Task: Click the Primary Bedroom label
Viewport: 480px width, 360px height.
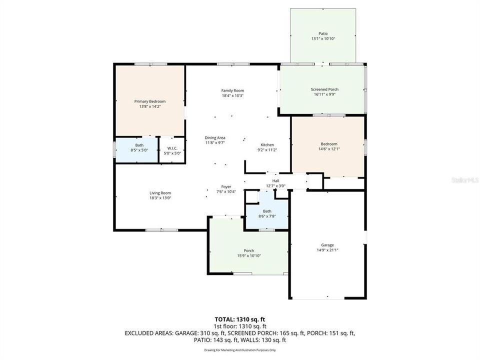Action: point(149,101)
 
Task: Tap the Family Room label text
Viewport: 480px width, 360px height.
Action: point(232,90)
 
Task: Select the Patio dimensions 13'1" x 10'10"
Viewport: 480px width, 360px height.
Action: point(322,39)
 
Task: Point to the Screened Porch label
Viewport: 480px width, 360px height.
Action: point(324,89)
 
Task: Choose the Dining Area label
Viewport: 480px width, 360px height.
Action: point(214,137)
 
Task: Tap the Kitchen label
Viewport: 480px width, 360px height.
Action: point(267,144)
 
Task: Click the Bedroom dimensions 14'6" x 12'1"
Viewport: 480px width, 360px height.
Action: point(328,149)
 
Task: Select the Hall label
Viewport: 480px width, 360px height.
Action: point(275,181)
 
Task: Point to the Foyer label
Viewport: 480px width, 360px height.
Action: point(226,186)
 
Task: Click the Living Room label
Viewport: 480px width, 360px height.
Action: point(160,193)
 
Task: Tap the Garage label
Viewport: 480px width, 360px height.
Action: point(327,245)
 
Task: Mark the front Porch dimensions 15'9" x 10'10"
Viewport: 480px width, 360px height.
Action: point(248,255)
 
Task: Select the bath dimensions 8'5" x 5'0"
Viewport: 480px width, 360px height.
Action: point(138,150)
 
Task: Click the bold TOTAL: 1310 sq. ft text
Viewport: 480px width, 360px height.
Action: point(239,319)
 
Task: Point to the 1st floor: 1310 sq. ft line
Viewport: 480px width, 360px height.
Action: point(239,325)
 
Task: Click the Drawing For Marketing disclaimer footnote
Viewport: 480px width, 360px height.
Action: point(239,350)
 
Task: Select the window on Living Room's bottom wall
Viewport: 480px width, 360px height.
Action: point(161,230)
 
